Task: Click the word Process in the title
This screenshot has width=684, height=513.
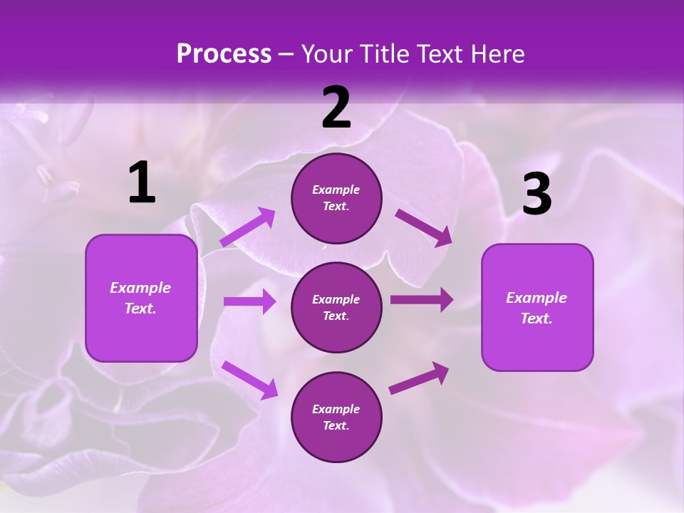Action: pyautogui.click(x=224, y=53)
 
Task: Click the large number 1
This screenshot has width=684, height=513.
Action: pyautogui.click(x=142, y=183)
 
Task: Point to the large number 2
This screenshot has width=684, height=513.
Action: pyautogui.click(x=336, y=108)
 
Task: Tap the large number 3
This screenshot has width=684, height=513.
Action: pyautogui.click(x=537, y=195)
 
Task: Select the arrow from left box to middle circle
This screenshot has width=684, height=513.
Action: pyautogui.click(x=249, y=301)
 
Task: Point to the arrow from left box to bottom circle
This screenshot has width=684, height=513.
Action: pyautogui.click(x=249, y=379)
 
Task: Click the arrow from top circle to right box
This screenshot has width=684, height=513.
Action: pyautogui.click(x=424, y=227)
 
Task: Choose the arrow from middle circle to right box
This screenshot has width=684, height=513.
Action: pyautogui.click(x=422, y=299)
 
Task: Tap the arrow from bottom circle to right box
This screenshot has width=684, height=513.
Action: pyautogui.click(x=419, y=378)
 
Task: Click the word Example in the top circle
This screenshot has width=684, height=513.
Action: pyautogui.click(x=336, y=190)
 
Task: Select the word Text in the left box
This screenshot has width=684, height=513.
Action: pyautogui.click(x=140, y=309)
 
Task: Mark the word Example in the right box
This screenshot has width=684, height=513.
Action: pyautogui.click(x=537, y=298)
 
